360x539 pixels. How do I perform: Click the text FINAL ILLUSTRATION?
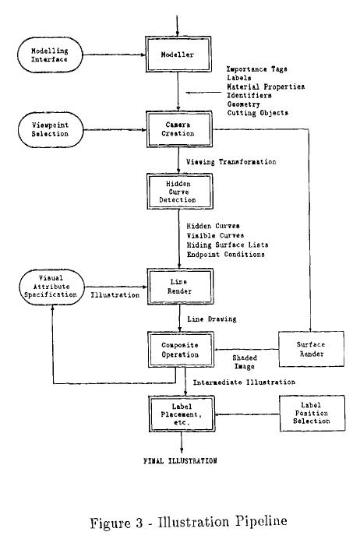[180, 460]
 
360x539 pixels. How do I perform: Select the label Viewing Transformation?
[231, 162]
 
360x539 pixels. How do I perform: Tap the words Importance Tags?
[257, 69]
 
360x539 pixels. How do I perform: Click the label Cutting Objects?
[258, 113]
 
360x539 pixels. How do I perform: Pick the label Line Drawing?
[212, 319]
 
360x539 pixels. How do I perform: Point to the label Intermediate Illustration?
[244, 382]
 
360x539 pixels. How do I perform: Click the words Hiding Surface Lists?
[228, 245]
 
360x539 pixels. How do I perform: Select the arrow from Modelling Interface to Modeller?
[115, 55]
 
